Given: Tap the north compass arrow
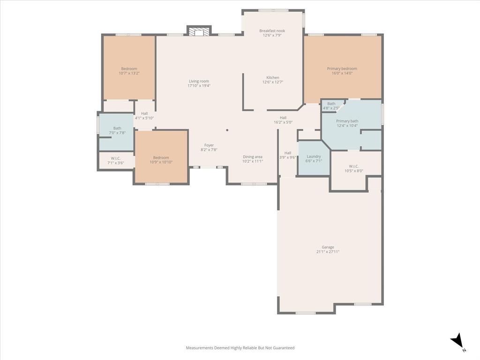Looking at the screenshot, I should (x=457, y=341).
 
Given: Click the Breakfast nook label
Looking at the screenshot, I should (x=272, y=31).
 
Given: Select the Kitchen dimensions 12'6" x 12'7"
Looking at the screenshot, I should (x=272, y=82).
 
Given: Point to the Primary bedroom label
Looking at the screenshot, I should (x=342, y=68).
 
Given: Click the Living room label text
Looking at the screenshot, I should (x=199, y=81).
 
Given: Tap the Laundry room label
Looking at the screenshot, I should (x=314, y=157).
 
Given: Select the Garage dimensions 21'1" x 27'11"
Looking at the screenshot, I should (x=328, y=252).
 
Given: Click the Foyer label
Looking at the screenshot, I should (x=209, y=145).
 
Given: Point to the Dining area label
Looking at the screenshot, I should (x=253, y=157).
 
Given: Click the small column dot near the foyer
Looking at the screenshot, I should (x=227, y=130).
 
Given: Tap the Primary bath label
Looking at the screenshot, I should (x=347, y=121).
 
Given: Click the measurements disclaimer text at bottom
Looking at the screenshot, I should (x=240, y=348).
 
